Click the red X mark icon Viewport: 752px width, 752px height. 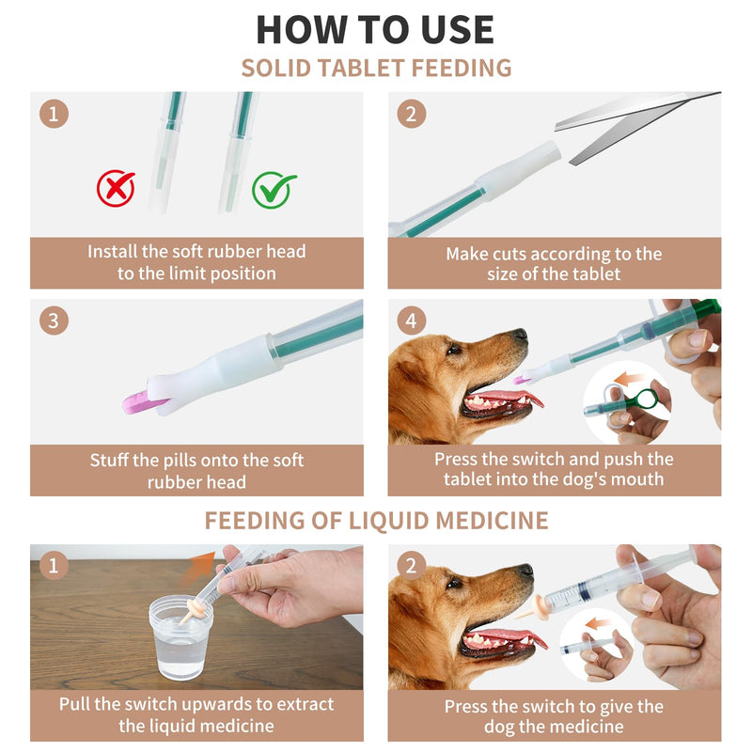116,188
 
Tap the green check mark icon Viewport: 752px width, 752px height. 273,190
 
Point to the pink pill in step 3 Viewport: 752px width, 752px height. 140,402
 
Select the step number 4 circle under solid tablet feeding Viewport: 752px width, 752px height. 411,321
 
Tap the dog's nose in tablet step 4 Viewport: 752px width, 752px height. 520,334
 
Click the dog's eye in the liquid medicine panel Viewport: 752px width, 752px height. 452,584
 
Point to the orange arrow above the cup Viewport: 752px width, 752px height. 198,568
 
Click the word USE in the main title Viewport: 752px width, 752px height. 457,30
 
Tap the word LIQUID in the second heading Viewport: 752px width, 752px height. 388,521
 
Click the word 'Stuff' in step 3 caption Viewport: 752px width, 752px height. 109,461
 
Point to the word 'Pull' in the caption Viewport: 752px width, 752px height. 75,704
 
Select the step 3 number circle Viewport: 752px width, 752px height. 54,321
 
